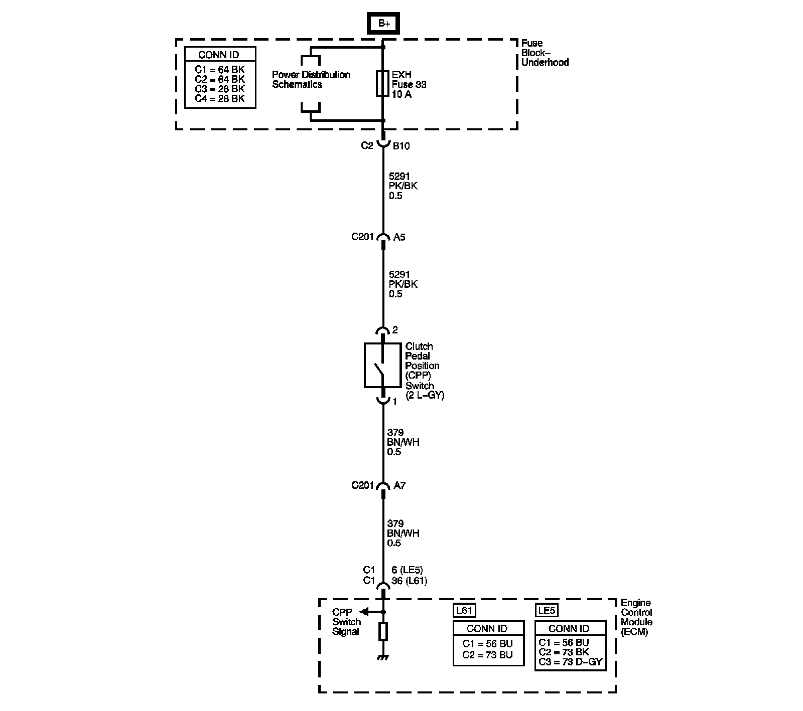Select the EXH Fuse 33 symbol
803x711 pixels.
383,84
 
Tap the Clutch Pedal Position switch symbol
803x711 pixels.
382,366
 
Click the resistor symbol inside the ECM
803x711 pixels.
383,632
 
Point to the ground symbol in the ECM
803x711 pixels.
383,657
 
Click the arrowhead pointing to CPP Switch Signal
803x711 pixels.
364,612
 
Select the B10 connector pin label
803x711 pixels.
401,146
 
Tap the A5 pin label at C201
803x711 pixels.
399,237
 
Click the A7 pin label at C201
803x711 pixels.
399,485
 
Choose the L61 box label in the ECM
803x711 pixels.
464,610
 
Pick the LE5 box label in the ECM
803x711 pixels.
546,610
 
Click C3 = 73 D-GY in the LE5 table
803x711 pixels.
570,662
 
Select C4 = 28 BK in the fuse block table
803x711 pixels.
220,99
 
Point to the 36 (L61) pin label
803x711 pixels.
409,581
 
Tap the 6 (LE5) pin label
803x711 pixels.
407,570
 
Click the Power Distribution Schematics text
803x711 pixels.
311,80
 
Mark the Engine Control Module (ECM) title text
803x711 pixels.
636,617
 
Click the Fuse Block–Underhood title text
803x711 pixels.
545,53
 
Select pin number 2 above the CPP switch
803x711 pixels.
395,330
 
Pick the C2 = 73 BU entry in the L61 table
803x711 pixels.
487,655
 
